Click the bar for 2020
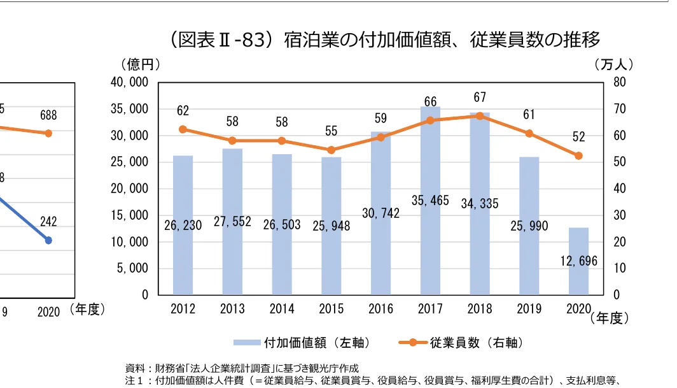tap(578, 261)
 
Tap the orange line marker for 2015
tap(331, 150)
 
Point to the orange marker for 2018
tap(480, 116)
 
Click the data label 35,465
tap(430, 201)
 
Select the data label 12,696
tap(578, 261)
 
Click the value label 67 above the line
tap(480, 97)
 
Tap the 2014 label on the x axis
tap(282, 310)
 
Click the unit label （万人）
tap(613, 64)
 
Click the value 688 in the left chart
tap(48, 115)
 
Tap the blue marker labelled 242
tap(48, 240)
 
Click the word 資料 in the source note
tap(134, 368)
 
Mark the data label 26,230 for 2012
tap(183, 225)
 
